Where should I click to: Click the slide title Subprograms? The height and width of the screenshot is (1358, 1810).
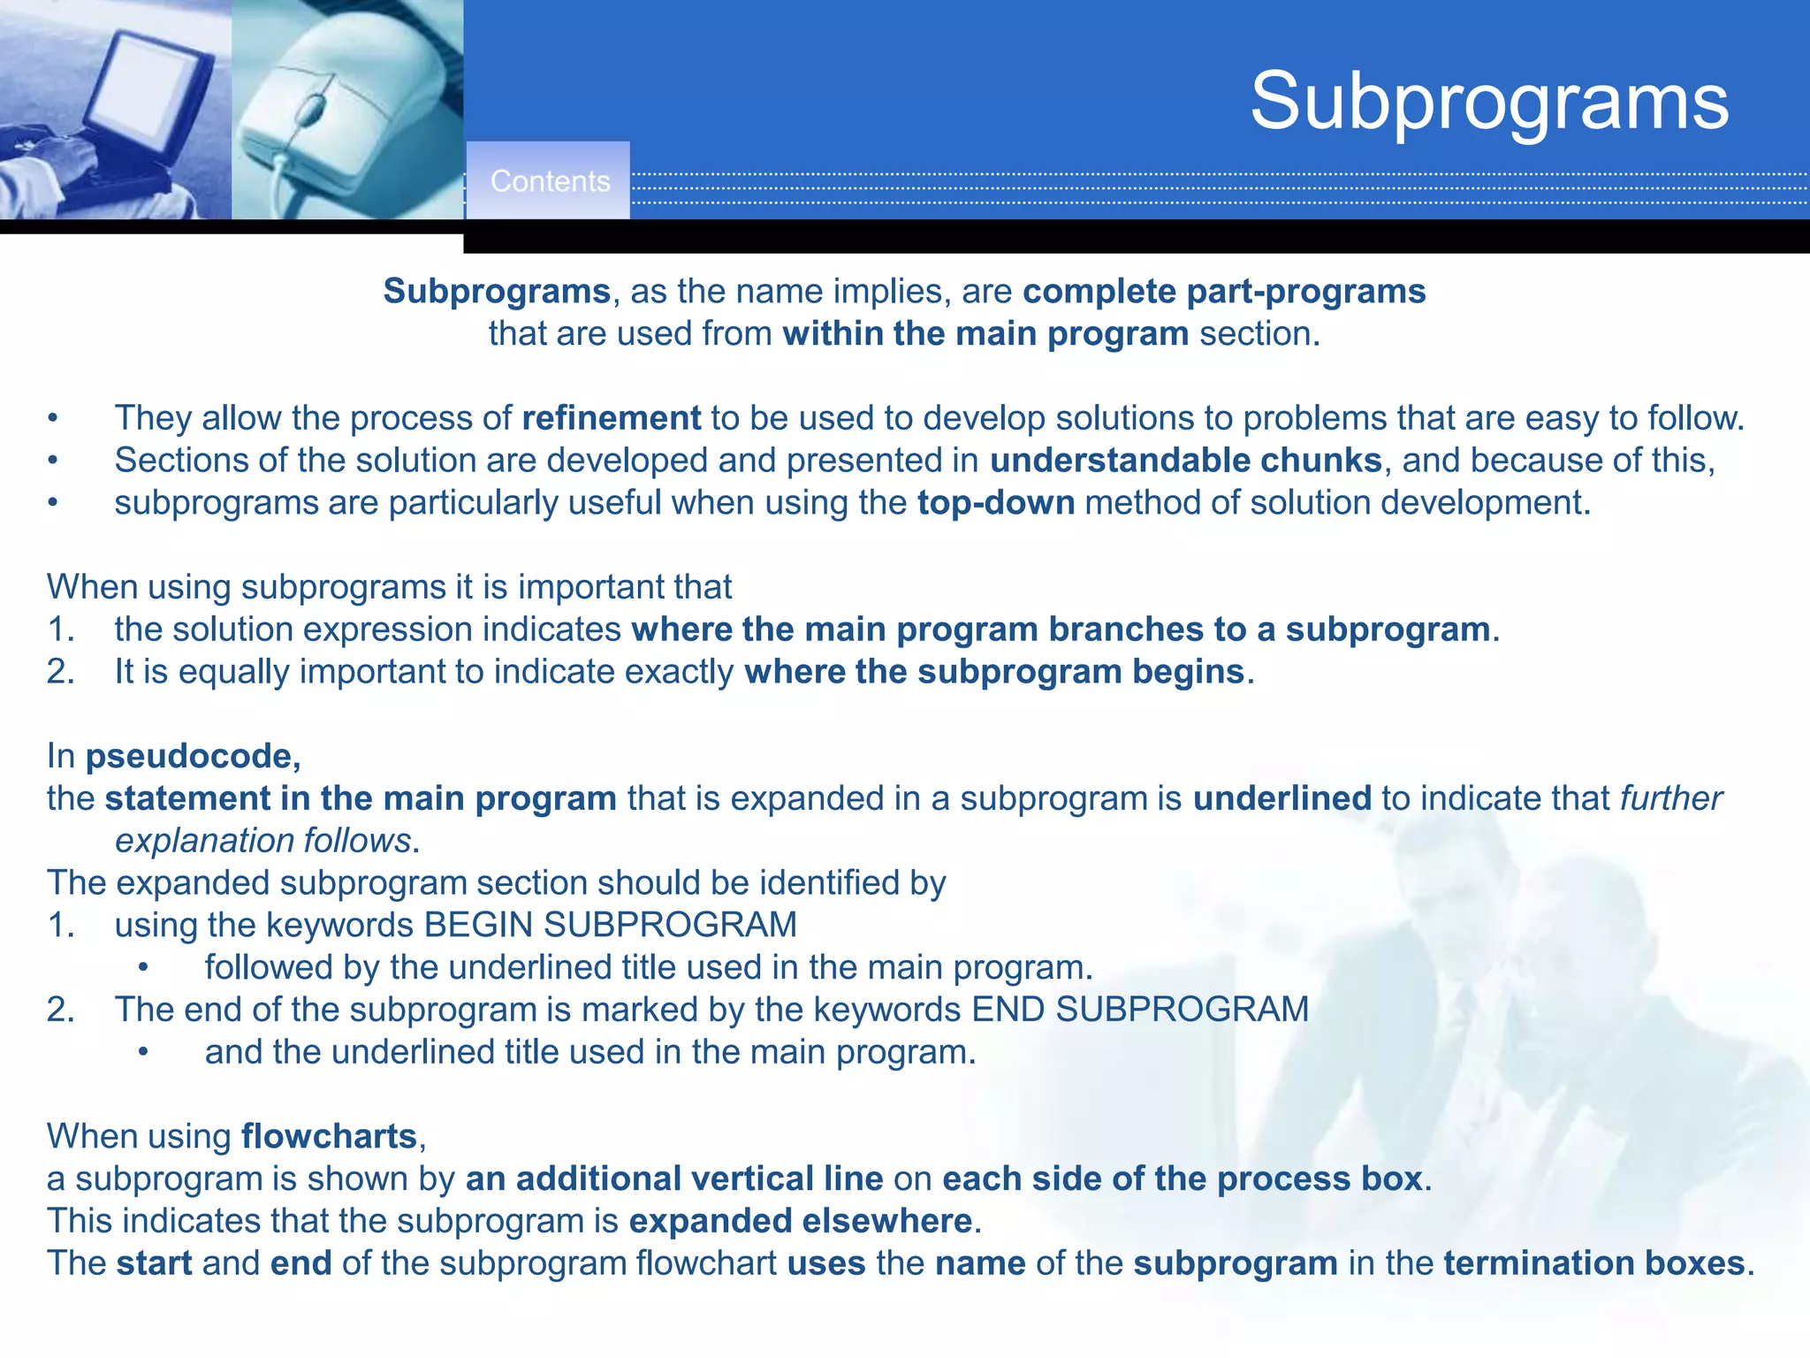(1489, 102)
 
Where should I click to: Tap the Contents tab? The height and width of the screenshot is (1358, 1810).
(550, 181)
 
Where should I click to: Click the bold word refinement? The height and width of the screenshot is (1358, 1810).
(612, 418)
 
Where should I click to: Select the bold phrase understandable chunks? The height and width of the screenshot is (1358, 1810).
(1185, 461)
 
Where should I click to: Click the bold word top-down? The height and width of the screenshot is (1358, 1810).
(996, 503)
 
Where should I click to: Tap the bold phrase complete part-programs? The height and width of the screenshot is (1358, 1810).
(1224, 292)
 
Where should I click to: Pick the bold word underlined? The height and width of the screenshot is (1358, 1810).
(1281, 798)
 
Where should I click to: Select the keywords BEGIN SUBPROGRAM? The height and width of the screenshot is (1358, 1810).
(610, 926)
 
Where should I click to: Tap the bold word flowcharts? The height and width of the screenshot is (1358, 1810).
(329, 1137)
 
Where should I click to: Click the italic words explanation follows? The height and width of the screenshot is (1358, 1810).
(263, 841)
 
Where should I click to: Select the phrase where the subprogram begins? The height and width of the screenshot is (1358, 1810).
(994, 672)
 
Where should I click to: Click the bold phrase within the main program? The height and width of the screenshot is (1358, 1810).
(985, 334)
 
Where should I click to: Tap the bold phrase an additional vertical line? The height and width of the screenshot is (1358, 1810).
(674, 1179)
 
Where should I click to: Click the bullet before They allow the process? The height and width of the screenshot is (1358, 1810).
(53, 418)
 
